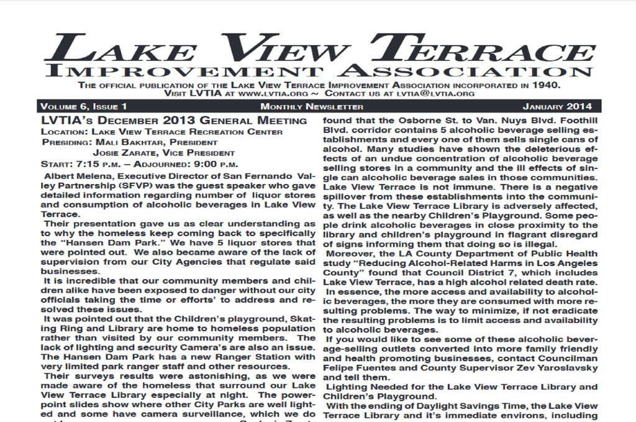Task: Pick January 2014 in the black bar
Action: pyautogui.click(x=557, y=107)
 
